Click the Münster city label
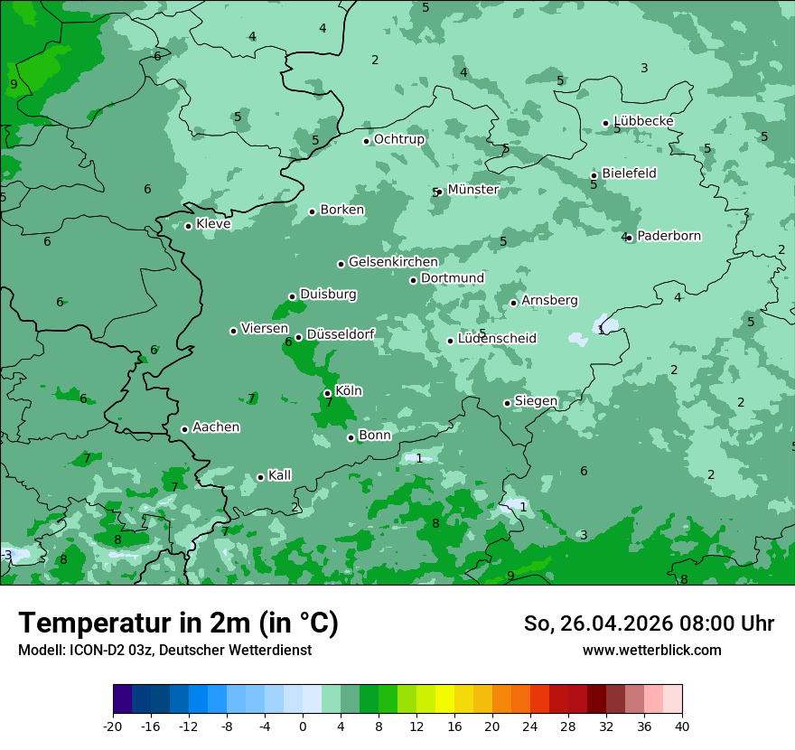pos(472,190)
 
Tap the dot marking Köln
pos(327,393)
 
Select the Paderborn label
pos(669,236)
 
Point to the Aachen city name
pos(216,427)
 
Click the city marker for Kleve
pos(188,226)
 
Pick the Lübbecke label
pos(643,121)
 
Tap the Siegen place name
pos(536,401)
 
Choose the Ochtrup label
pos(398,139)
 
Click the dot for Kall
pos(260,477)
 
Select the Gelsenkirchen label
pos(393,262)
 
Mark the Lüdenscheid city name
pos(497,339)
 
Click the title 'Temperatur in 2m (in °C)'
pos(178,623)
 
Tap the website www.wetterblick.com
pos(651,650)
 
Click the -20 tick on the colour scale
pos(113,726)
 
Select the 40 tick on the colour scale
pos(681,726)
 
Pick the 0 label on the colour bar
pos(303,726)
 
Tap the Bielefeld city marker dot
pos(594,175)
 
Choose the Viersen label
pos(264,329)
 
